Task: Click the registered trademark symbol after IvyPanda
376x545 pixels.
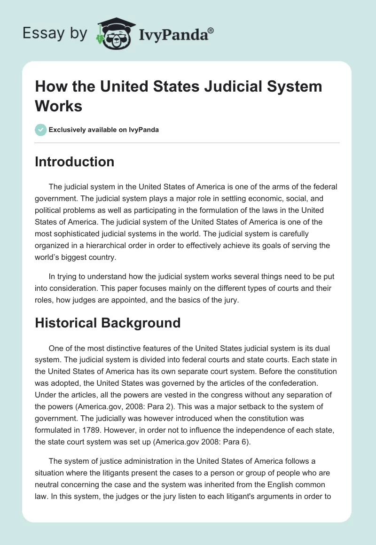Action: tap(211, 31)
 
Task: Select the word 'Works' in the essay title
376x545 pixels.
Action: tap(59, 106)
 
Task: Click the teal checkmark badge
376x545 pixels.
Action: tap(40, 130)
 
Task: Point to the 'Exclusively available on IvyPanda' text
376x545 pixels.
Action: tap(103, 130)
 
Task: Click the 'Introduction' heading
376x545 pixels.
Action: tap(74, 162)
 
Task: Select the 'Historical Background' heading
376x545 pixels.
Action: tap(108, 323)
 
